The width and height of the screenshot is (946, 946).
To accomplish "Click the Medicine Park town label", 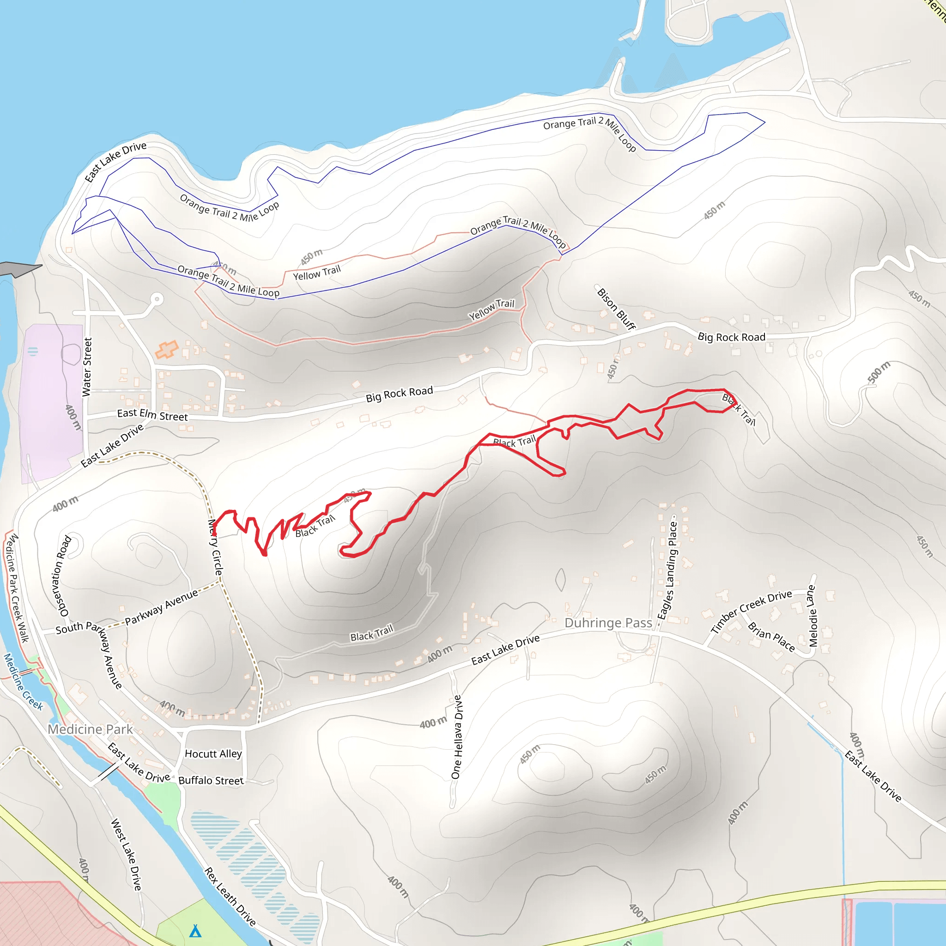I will coord(90,729).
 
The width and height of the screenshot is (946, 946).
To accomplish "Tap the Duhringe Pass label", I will coord(608,623).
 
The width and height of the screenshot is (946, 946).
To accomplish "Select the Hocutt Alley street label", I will coord(213,753).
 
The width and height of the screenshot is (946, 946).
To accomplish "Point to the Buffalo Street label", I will coord(211,781).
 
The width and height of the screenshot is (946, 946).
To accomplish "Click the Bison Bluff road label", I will coord(616,309).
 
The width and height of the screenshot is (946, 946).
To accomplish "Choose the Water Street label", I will coord(87,367).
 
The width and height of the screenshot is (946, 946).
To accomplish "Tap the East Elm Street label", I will coord(152,415).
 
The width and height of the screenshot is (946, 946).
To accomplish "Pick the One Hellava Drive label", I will coord(456,737).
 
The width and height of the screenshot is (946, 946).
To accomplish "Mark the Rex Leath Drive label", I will coord(230,897).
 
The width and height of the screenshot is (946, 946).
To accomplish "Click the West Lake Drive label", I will coord(126,855).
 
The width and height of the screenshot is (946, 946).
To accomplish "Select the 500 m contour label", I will coord(879,373).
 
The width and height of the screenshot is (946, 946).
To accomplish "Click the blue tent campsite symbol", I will coord(195,930).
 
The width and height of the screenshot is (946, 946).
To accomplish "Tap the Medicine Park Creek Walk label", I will coord(17,588).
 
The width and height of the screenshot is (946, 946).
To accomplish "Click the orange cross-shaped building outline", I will coord(166,350).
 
